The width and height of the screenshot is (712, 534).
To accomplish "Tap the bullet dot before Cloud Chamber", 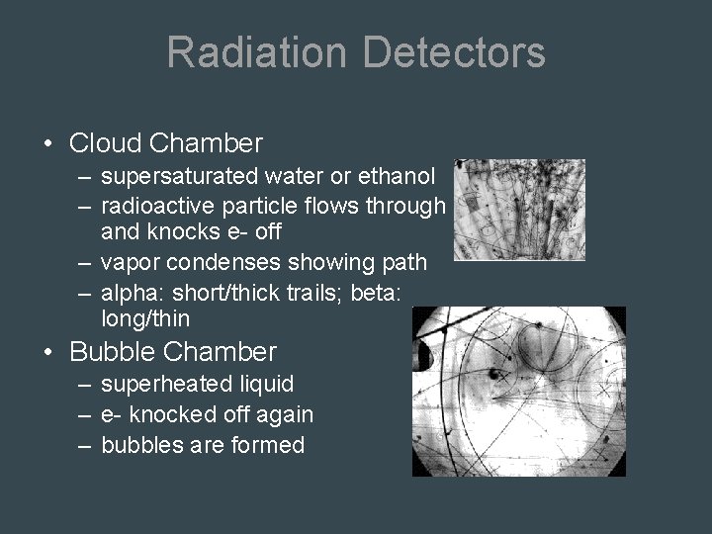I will (x=49, y=144).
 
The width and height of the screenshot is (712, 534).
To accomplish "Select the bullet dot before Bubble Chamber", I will (x=49, y=353).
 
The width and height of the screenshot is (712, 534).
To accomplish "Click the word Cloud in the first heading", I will (x=106, y=143).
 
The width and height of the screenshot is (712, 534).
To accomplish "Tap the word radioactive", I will (x=151, y=207).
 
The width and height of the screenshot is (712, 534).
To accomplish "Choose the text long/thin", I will (x=145, y=319).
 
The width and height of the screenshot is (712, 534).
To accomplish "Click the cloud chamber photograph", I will (x=519, y=210).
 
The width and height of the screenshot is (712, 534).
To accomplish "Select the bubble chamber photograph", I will (x=519, y=392).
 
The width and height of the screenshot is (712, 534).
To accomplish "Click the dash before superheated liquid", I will (x=83, y=384).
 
